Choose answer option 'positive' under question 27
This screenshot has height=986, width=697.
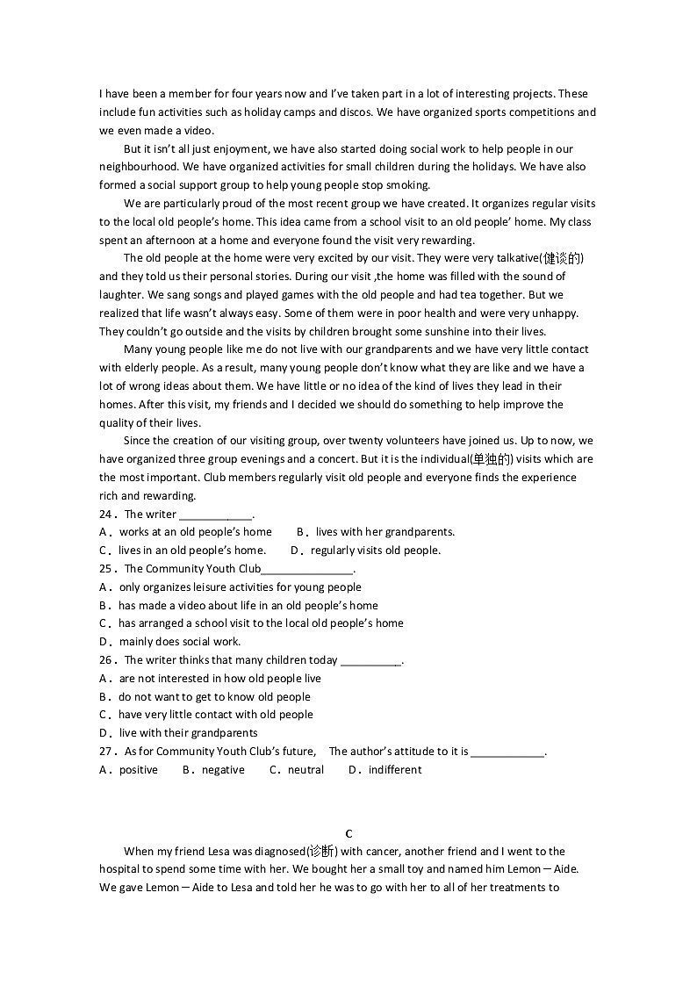(x=139, y=770)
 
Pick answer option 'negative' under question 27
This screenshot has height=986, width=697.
(x=223, y=770)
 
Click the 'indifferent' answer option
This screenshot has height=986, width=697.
(x=395, y=770)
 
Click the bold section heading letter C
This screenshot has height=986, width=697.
(x=348, y=833)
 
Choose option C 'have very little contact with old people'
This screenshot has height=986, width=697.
(x=215, y=715)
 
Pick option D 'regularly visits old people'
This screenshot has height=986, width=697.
(x=376, y=551)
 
